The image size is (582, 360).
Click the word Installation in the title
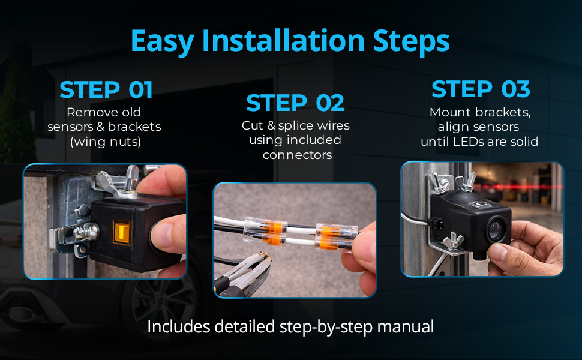[x=283, y=40]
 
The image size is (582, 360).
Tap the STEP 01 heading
[x=106, y=90]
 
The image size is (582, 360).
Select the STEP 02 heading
[x=295, y=103]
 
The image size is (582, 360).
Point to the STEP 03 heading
[x=481, y=89]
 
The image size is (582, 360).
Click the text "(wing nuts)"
[x=106, y=142]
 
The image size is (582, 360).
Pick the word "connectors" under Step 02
[x=298, y=155]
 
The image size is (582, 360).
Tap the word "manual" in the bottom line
[x=406, y=327]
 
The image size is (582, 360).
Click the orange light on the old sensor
[x=122, y=232]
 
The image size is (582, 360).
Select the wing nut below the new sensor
[x=454, y=241]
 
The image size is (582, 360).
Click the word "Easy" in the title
[x=162, y=41]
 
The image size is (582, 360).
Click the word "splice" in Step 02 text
[x=295, y=126]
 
